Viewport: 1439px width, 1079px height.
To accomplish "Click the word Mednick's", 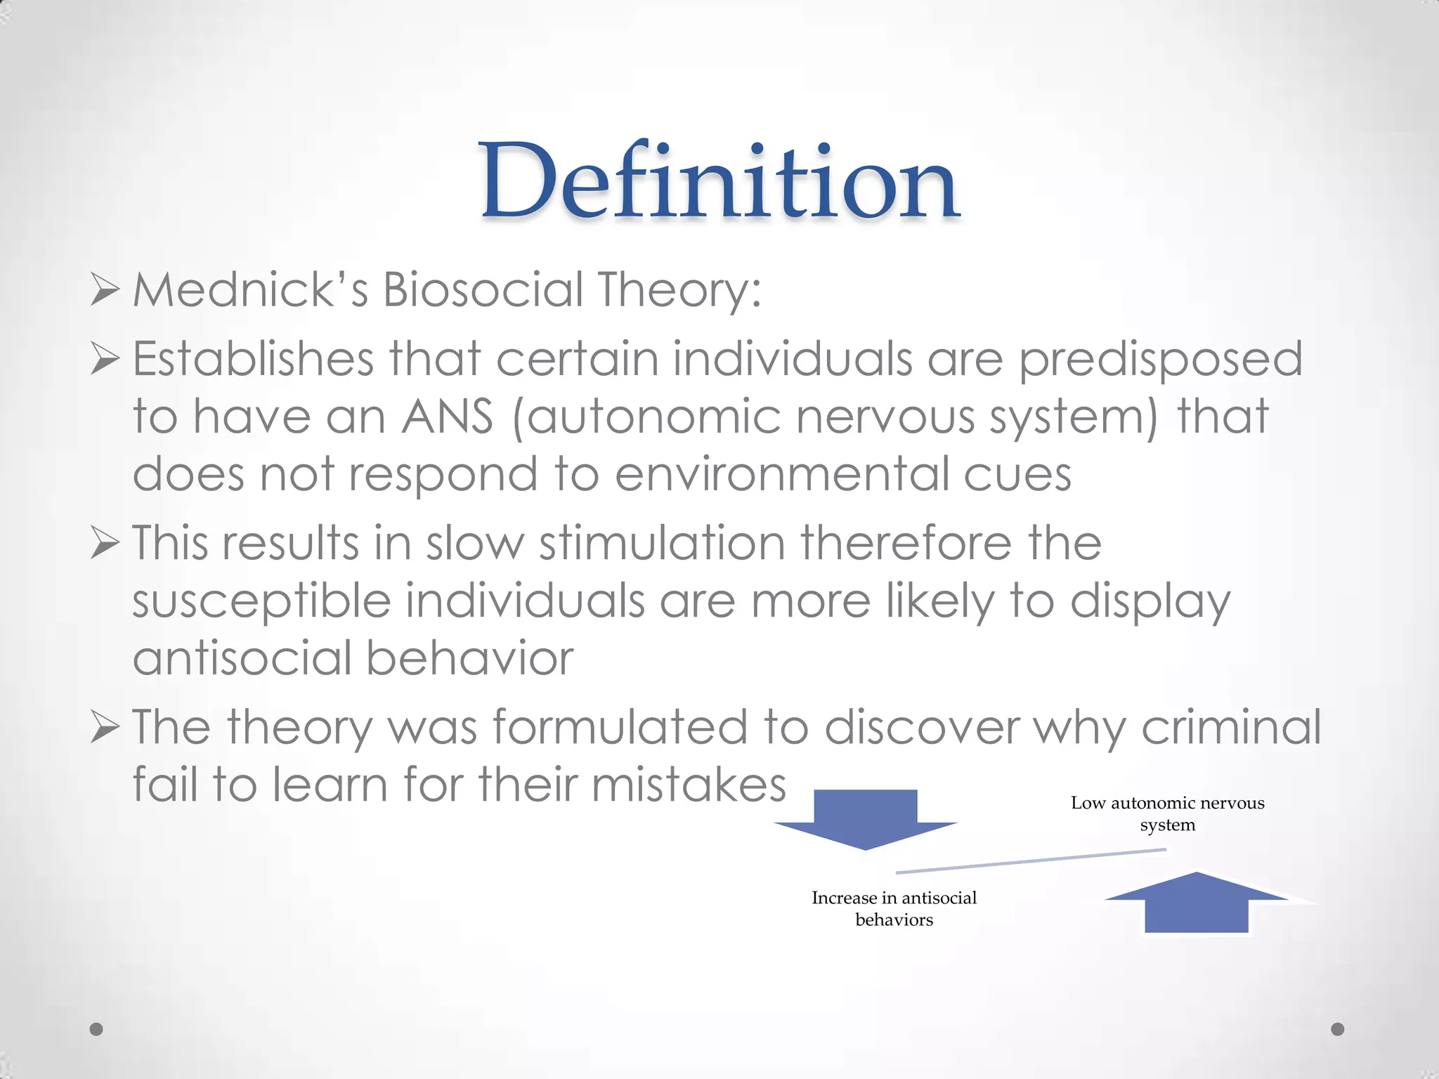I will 250,289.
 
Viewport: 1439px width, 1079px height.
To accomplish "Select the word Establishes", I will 253,359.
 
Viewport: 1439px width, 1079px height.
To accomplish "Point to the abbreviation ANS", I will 447,417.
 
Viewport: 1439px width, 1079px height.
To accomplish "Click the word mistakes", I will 689,785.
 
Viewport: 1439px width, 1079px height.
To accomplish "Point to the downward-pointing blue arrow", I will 866,818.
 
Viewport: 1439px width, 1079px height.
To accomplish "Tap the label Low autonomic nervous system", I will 1168,813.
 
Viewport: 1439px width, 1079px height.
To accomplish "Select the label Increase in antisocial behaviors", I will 894,908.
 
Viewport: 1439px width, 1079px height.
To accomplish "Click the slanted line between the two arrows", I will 1031,861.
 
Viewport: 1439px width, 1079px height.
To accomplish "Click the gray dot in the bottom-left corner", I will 97,1029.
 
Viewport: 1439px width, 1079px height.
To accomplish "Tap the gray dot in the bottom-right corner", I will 1338,1029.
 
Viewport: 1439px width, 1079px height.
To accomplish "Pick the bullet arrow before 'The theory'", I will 105,728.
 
